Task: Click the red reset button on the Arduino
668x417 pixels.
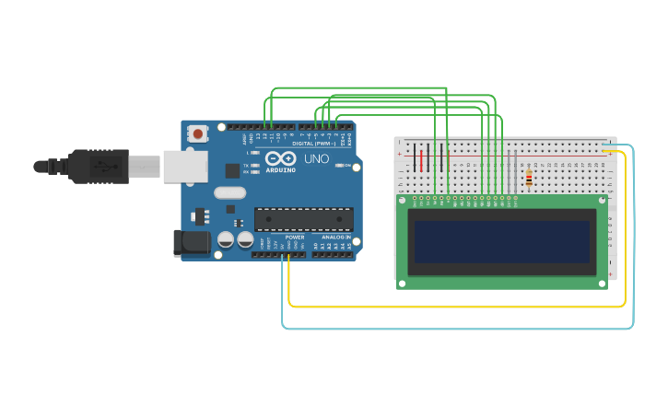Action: [x=196, y=134]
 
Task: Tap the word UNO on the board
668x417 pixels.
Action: [x=316, y=158]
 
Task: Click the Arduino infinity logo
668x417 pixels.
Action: [x=281, y=158]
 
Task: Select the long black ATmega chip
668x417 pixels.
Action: [x=303, y=218]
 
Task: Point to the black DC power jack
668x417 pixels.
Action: [x=191, y=243]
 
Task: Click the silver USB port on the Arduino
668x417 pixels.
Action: [x=185, y=167]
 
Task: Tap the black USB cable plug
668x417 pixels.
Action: [x=98, y=167]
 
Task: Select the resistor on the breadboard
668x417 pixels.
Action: [x=528, y=179]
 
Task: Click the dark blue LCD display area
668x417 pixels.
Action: [x=502, y=241]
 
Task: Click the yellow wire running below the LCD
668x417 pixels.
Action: [x=461, y=306]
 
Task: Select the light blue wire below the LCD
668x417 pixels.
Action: [x=461, y=328]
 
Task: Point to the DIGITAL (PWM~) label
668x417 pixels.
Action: [x=313, y=144]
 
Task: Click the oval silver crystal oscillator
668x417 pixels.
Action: [x=229, y=193]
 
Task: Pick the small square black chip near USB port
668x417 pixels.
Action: [x=232, y=170]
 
